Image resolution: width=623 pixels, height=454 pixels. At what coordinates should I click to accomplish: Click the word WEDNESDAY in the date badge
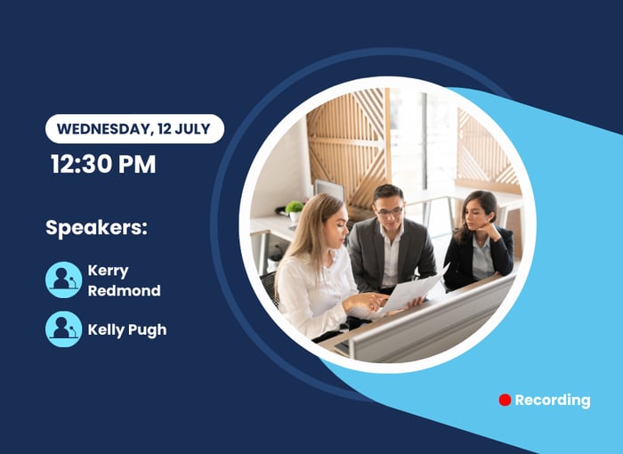(x=104, y=129)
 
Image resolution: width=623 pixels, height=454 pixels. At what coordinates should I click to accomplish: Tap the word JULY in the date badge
(x=193, y=129)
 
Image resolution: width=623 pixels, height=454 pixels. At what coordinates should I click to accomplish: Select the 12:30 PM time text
(x=103, y=164)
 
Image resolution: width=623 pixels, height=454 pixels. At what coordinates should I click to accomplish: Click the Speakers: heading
(x=96, y=228)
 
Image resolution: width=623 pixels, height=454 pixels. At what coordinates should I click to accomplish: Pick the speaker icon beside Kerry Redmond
(x=63, y=280)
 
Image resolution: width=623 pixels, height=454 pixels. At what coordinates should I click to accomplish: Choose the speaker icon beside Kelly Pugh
(x=63, y=329)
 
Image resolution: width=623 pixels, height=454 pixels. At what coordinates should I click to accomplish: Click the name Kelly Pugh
(x=127, y=330)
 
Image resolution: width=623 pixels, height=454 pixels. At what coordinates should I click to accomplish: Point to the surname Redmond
(x=125, y=290)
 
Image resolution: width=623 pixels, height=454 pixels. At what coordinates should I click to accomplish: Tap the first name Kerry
(x=108, y=272)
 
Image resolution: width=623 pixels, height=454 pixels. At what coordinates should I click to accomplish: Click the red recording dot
(x=505, y=400)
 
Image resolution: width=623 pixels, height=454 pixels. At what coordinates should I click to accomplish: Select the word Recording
(x=553, y=401)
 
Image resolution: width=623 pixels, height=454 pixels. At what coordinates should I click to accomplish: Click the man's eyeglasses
(x=390, y=211)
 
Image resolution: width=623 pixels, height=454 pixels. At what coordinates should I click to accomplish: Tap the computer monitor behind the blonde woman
(x=329, y=191)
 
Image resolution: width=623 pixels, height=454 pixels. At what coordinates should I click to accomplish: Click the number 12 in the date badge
(x=164, y=129)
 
